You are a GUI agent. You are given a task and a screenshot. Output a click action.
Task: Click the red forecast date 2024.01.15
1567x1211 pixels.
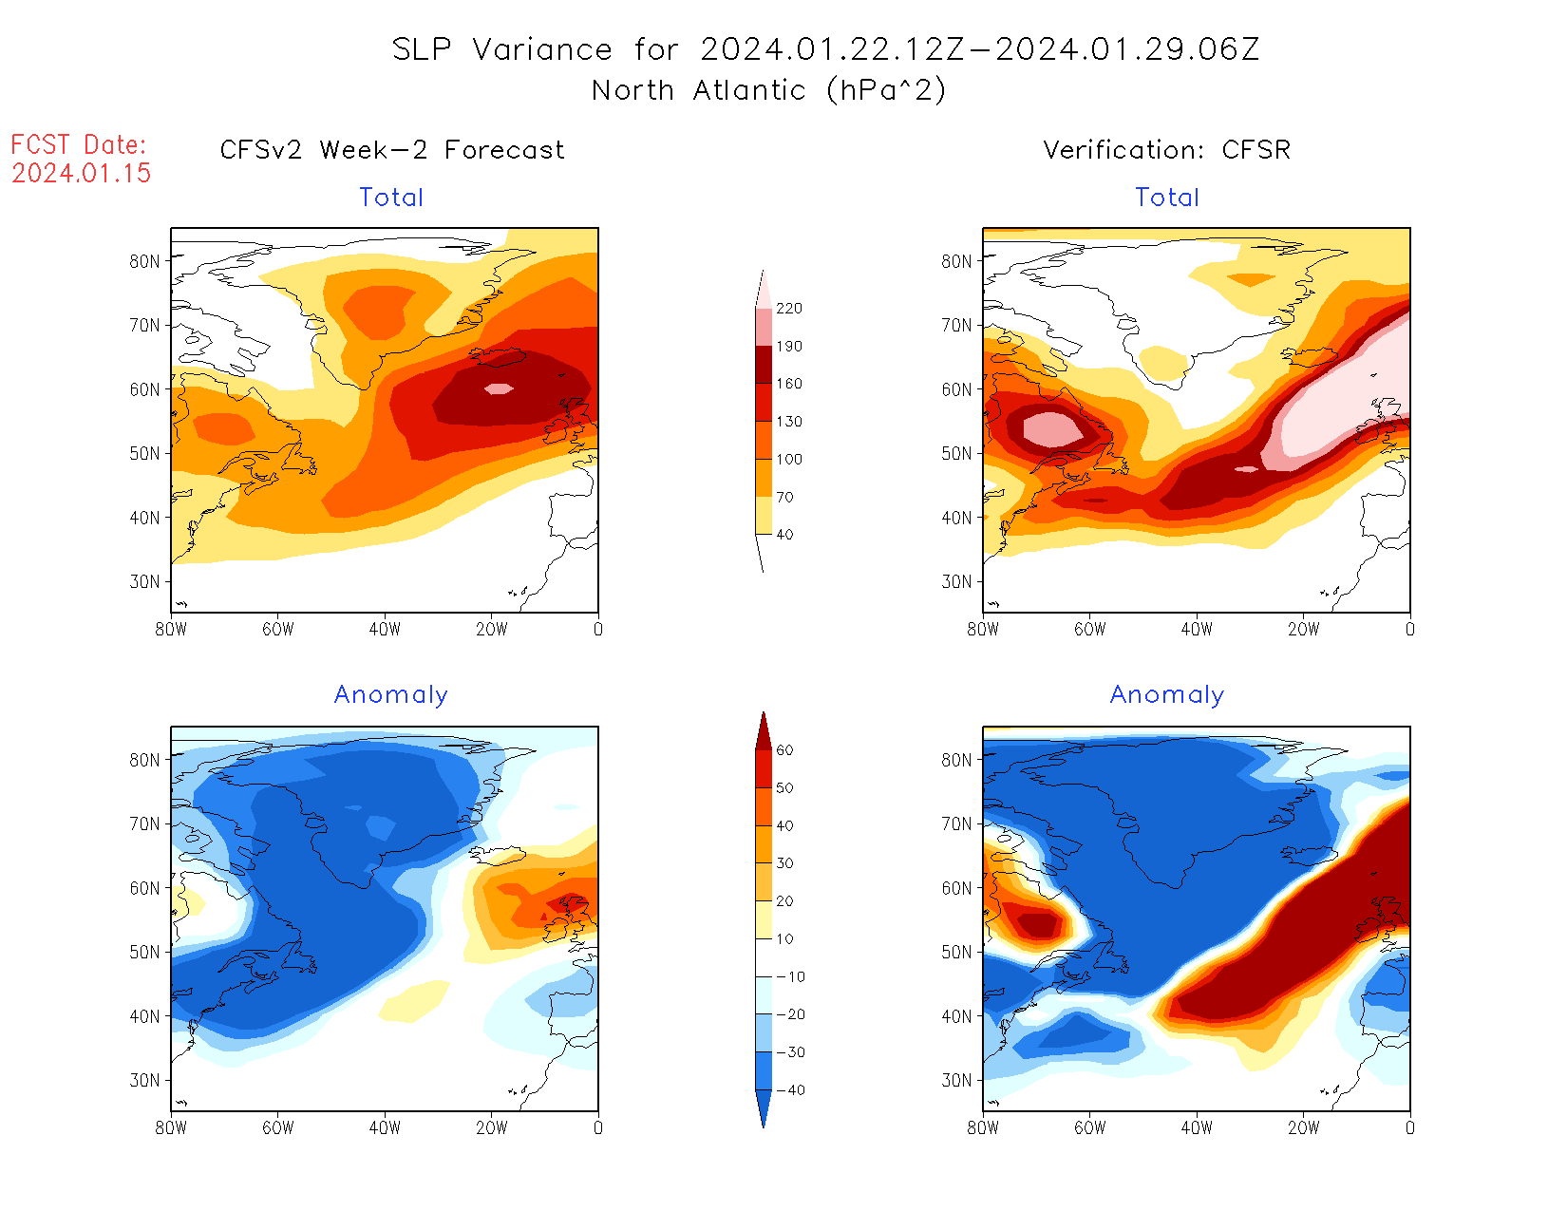click(82, 173)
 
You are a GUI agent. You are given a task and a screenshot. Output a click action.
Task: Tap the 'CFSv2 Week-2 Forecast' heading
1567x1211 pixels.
click(392, 150)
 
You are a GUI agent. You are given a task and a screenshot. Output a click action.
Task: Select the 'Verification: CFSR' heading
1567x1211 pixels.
click(1166, 150)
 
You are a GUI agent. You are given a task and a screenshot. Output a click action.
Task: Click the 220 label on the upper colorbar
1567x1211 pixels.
click(788, 309)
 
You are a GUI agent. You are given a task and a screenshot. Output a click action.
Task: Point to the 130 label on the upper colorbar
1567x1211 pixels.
click(788, 422)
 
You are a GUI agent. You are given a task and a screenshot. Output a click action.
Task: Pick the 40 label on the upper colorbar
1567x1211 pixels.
click(784, 535)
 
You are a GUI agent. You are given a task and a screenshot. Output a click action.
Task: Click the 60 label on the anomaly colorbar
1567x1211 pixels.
click(784, 750)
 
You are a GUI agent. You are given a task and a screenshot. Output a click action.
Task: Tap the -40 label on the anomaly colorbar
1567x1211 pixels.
click(790, 1090)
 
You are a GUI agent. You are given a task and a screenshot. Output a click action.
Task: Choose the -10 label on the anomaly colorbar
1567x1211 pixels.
click(790, 976)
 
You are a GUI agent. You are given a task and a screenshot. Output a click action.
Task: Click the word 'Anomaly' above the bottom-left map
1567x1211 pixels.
click(391, 695)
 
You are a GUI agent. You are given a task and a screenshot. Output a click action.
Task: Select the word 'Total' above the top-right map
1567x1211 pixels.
click(1167, 198)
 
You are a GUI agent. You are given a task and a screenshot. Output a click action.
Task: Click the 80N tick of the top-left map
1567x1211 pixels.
click(145, 261)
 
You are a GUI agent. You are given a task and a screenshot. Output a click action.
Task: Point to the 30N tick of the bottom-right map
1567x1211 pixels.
click(957, 1080)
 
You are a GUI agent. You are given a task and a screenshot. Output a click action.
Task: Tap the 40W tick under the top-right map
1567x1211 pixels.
click(1197, 629)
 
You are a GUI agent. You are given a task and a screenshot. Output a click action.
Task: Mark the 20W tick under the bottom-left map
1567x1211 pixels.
click(491, 1127)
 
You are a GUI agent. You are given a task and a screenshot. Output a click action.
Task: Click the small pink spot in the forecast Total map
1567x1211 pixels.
click(499, 388)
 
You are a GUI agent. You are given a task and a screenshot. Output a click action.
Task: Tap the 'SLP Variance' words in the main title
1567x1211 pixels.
click(502, 49)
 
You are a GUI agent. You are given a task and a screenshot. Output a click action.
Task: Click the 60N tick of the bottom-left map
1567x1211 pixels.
click(145, 888)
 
